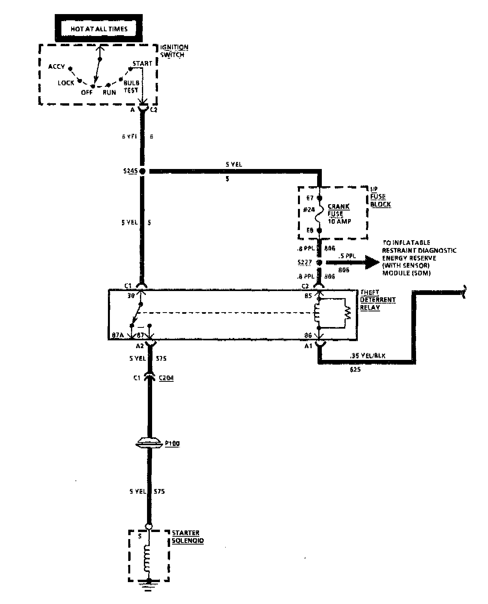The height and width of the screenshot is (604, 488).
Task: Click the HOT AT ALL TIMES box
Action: [x=99, y=28]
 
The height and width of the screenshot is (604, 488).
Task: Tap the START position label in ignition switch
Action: [x=142, y=63]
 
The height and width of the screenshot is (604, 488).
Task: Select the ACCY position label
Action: [x=56, y=67]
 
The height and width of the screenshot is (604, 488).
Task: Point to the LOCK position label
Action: [x=66, y=83]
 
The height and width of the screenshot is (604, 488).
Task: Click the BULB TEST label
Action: [x=131, y=86]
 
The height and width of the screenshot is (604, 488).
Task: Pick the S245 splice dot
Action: [x=142, y=171]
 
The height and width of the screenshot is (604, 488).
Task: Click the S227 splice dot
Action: [x=319, y=262]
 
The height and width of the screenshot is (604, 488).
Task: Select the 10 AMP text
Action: [x=339, y=221]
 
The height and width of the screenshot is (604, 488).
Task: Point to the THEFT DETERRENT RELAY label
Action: [x=377, y=300]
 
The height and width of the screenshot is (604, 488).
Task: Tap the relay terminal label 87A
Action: [x=118, y=336]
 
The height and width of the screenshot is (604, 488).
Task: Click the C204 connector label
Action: [x=166, y=378]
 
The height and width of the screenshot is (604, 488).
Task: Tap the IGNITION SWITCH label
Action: [x=174, y=51]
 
